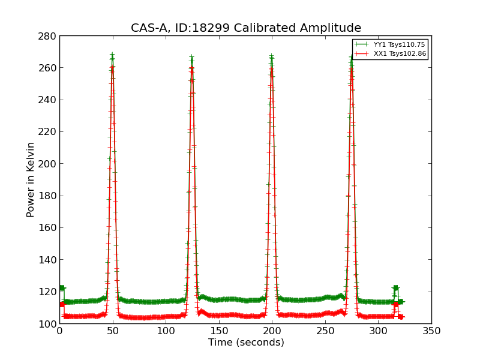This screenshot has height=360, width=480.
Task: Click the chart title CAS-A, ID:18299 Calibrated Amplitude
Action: pyautogui.click(x=246, y=28)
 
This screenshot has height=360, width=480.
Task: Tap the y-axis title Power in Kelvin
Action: pyautogui.click(x=31, y=179)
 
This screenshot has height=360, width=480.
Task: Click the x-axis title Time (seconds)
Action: pyautogui.click(x=246, y=343)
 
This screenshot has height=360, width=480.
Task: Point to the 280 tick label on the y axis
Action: pyautogui.click(x=49, y=36)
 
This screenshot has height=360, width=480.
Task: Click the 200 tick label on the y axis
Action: pyautogui.click(x=49, y=164)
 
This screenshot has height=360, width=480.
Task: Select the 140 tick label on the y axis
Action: pyautogui.click(x=49, y=260)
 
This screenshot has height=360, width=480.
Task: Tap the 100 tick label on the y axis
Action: pyautogui.click(x=49, y=324)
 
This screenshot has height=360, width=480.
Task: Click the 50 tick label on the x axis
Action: pyautogui.click(x=113, y=331)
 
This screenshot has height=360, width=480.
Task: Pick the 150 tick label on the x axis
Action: pyautogui.click(x=219, y=331)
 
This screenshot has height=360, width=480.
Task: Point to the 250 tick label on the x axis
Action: pyautogui.click(x=325, y=331)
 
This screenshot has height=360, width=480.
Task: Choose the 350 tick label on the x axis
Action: pyautogui.click(x=431, y=331)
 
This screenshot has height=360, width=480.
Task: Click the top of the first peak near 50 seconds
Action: pyautogui.click(x=112, y=55)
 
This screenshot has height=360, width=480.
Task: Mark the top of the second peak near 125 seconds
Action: pyautogui.click(x=192, y=58)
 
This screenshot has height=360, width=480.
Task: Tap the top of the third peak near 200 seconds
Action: pyautogui.click(x=271, y=57)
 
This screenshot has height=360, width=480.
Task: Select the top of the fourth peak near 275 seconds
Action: pyautogui.click(x=352, y=58)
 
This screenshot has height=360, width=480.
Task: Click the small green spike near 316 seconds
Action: pyautogui.click(x=395, y=289)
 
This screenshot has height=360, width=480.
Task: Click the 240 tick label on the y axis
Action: pyautogui.click(x=49, y=100)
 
